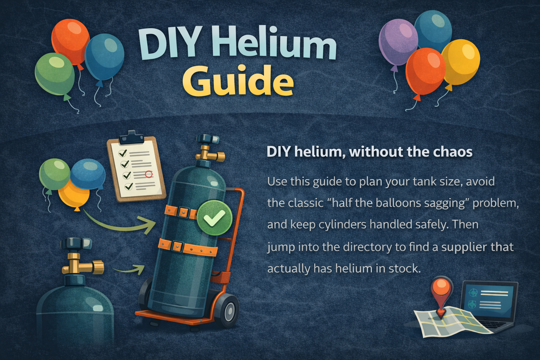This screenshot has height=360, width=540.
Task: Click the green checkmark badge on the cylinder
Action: tap(214, 218)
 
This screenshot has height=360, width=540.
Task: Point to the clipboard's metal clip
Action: tap(132, 137)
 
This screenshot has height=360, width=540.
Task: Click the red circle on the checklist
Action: tap(149, 174)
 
